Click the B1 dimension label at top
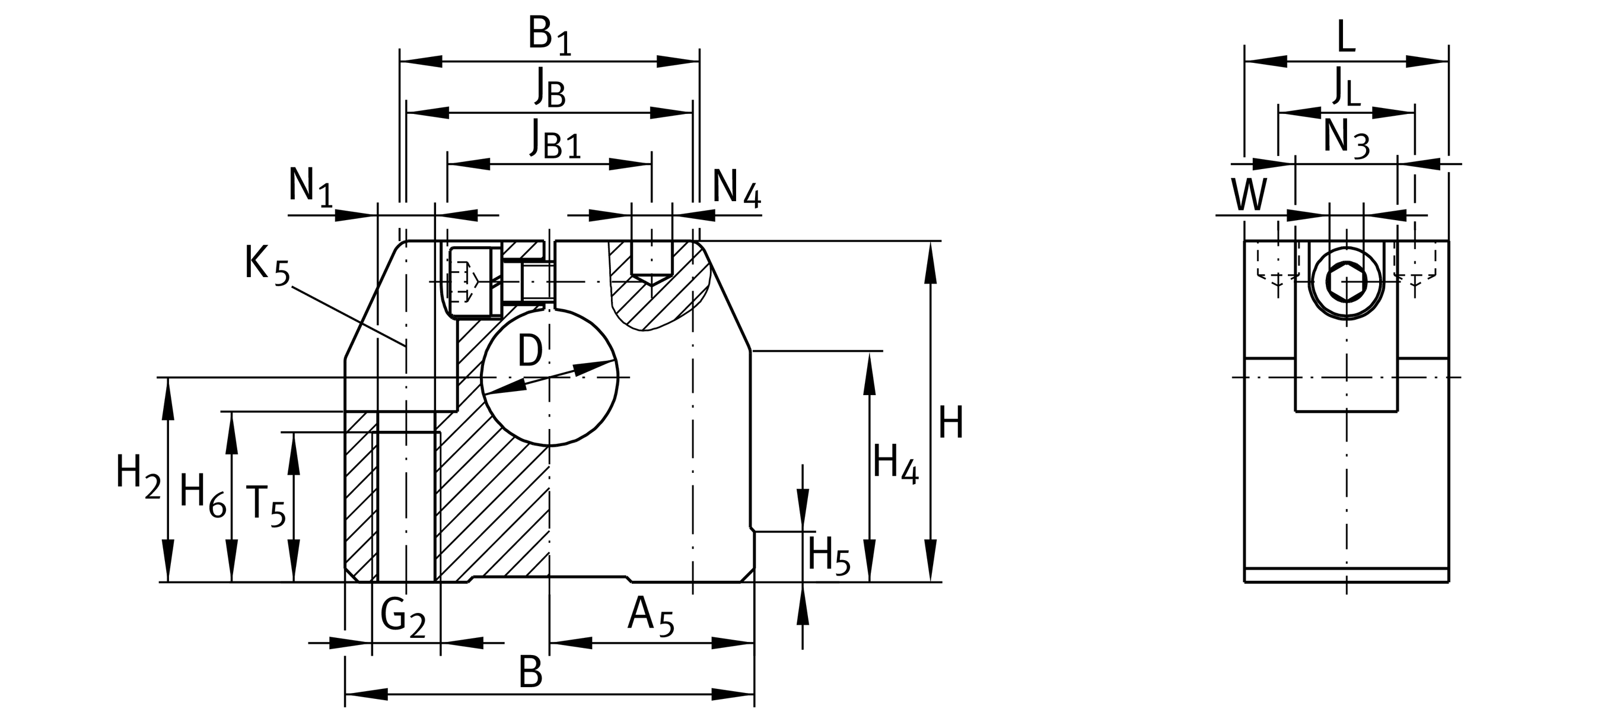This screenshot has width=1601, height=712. click(549, 36)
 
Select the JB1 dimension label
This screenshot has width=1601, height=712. click(555, 139)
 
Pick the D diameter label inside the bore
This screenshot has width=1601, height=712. click(530, 351)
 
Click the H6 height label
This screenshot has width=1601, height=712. click(202, 494)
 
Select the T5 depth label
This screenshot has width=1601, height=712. click(265, 504)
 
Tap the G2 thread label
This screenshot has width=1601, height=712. click(403, 618)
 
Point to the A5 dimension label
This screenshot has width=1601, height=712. click(650, 616)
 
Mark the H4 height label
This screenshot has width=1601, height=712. click(895, 463)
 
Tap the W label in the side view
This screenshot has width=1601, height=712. click(1249, 195)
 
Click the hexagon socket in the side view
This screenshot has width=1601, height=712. click(1346, 282)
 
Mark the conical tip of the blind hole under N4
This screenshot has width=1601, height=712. click(651, 279)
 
